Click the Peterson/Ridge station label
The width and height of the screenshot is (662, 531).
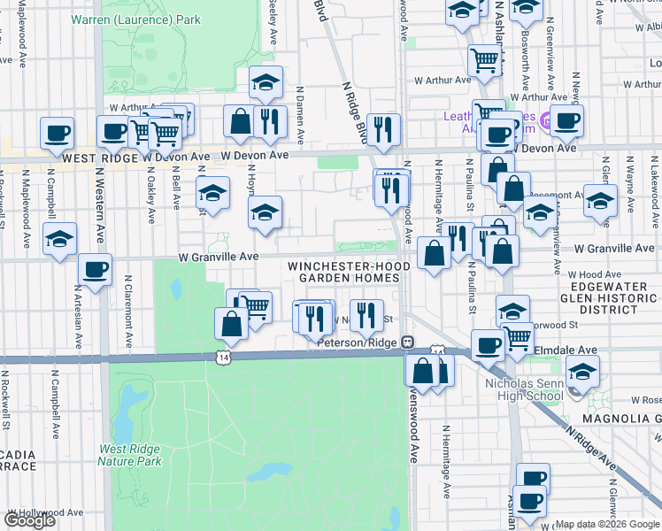[353, 342]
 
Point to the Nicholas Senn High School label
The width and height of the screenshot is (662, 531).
[523, 390]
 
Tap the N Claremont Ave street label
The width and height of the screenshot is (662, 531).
[129, 314]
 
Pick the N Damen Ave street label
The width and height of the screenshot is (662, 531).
[301, 115]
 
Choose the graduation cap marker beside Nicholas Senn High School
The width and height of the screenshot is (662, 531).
[581, 370]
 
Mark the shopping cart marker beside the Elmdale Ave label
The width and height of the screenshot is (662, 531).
[517, 337]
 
